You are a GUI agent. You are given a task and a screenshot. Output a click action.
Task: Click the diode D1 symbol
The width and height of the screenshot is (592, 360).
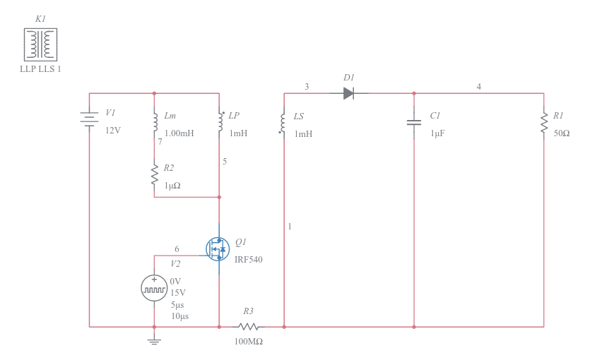pos(348,93)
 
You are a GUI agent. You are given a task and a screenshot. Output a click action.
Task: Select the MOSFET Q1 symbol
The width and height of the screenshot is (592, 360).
pos(218,248)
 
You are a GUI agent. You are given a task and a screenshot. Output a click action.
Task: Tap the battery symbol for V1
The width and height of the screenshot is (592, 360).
pos(89,120)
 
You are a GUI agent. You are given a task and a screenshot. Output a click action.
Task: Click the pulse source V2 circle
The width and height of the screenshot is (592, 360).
pos(154,288)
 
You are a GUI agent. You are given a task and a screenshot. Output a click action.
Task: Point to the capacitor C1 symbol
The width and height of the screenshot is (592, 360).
pos(414,123)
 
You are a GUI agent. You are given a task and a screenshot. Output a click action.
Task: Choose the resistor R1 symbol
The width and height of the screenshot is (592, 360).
pos(544,123)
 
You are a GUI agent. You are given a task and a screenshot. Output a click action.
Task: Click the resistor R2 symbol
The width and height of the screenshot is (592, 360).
pos(154,175)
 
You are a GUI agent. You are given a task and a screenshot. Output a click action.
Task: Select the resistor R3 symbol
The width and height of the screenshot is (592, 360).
pos(248,327)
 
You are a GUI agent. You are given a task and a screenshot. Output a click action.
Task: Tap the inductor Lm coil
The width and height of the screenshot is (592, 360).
pos(154,122)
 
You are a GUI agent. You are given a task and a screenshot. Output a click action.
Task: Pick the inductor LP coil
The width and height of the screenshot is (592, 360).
pos(219,122)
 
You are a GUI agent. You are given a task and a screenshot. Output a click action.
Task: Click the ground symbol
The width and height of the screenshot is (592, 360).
pos(154,341)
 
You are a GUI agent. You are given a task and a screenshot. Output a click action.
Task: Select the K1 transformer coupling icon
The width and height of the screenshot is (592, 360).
pos(40,44)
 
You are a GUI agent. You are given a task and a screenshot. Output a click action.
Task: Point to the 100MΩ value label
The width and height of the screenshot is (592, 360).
pos(248,342)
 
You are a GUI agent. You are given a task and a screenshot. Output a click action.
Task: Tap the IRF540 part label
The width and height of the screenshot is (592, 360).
pos(249,260)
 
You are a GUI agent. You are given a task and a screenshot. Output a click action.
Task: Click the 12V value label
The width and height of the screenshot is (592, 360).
pos(113,131)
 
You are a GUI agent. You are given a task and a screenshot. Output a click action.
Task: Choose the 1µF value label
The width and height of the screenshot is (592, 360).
pos(437,133)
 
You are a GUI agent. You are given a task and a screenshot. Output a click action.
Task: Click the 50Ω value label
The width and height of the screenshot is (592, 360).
pos(562,133)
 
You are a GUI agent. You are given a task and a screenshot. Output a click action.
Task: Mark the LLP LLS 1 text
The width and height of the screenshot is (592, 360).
pos(40,69)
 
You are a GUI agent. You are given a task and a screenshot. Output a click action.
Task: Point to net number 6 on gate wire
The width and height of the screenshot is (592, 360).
pos(177,249)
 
